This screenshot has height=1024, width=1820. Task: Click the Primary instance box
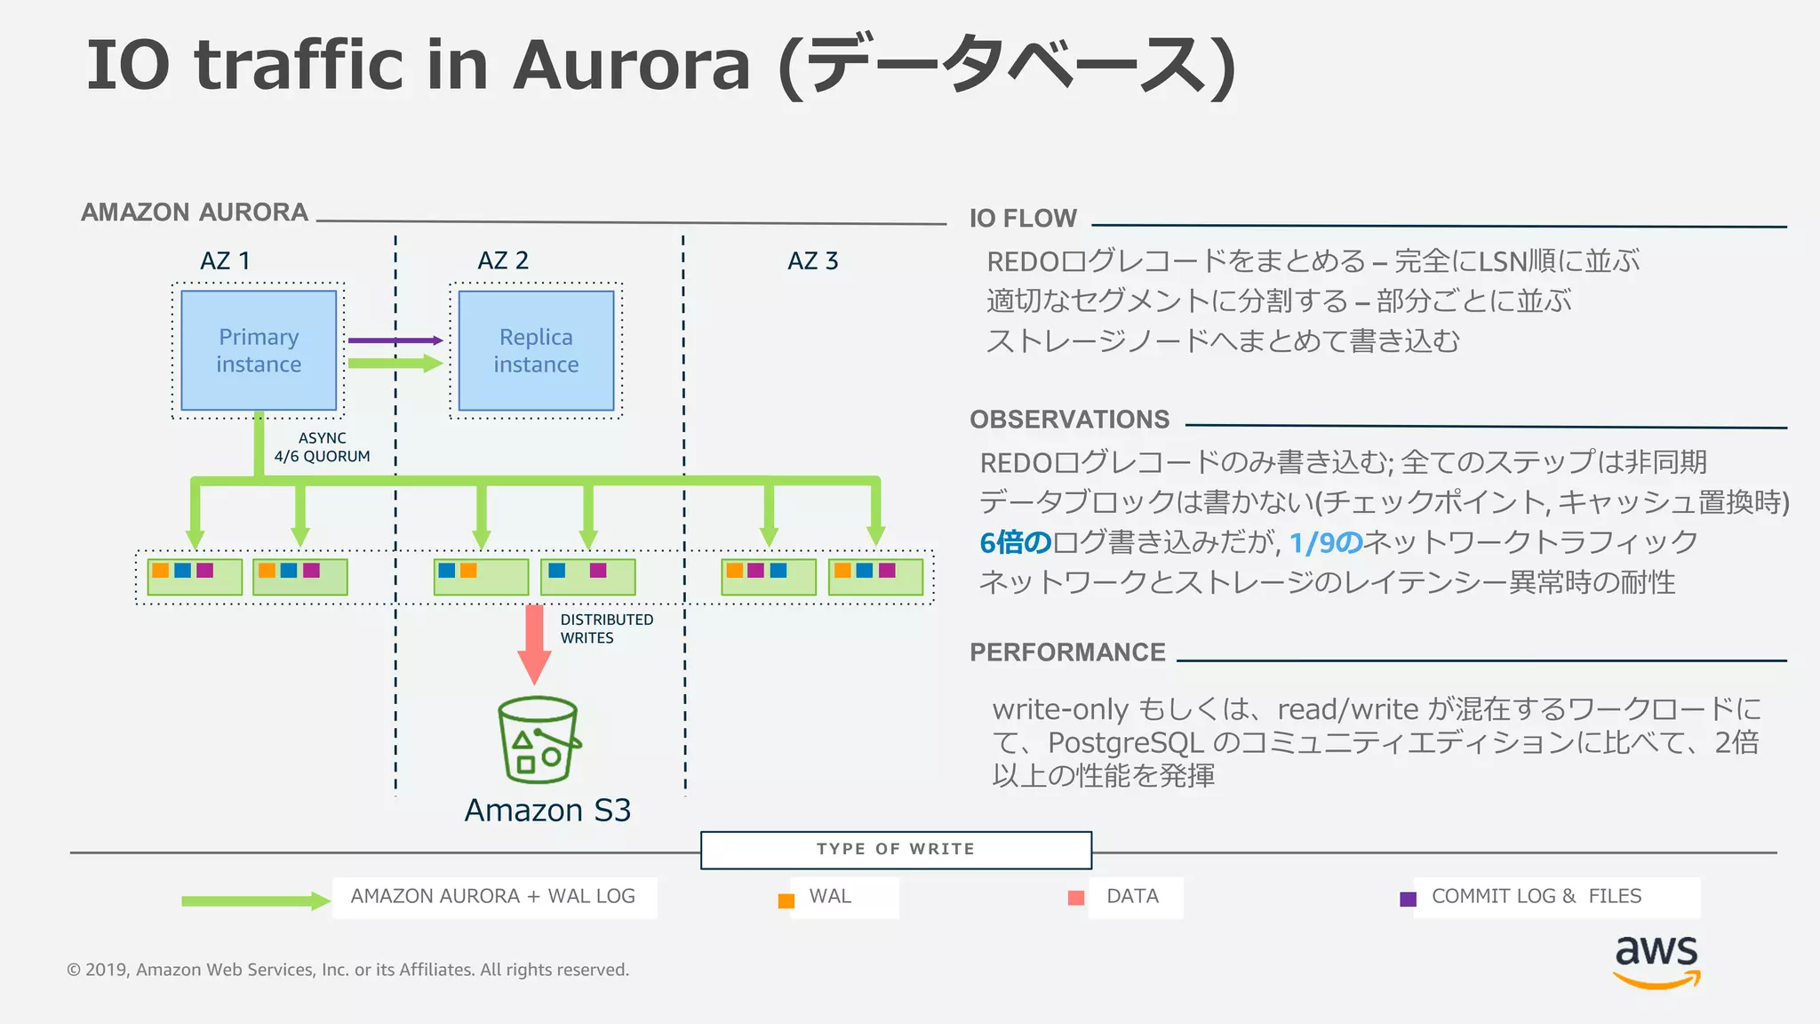[x=259, y=350]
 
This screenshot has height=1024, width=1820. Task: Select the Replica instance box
[x=536, y=350]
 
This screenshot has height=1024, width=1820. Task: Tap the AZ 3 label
[x=812, y=261]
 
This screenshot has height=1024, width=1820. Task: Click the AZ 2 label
[x=503, y=261]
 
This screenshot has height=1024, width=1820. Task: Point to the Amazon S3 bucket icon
[x=538, y=740]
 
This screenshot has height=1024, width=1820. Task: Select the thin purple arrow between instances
[x=395, y=340]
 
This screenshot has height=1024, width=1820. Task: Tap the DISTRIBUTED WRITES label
[x=606, y=628]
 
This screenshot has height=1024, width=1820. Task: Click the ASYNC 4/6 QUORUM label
[x=322, y=447]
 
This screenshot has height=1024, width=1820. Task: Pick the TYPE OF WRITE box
[x=896, y=850]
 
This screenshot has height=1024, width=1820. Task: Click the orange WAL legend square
[x=786, y=900]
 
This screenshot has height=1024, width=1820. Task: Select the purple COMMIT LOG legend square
[x=1408, y=900]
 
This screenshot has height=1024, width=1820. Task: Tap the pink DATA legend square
[x=1075, y=898]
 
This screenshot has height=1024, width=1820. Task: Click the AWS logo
[x=1656, y=961]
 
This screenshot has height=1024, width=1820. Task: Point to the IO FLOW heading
[x=1023, y=219]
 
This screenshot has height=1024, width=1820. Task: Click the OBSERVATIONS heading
[x=1069, y=420]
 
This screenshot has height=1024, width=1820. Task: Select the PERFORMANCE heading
[x=1067, y=652]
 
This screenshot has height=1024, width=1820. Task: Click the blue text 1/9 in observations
[x=1325, y=542]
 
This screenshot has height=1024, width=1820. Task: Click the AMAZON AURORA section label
[x=195, y=212]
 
